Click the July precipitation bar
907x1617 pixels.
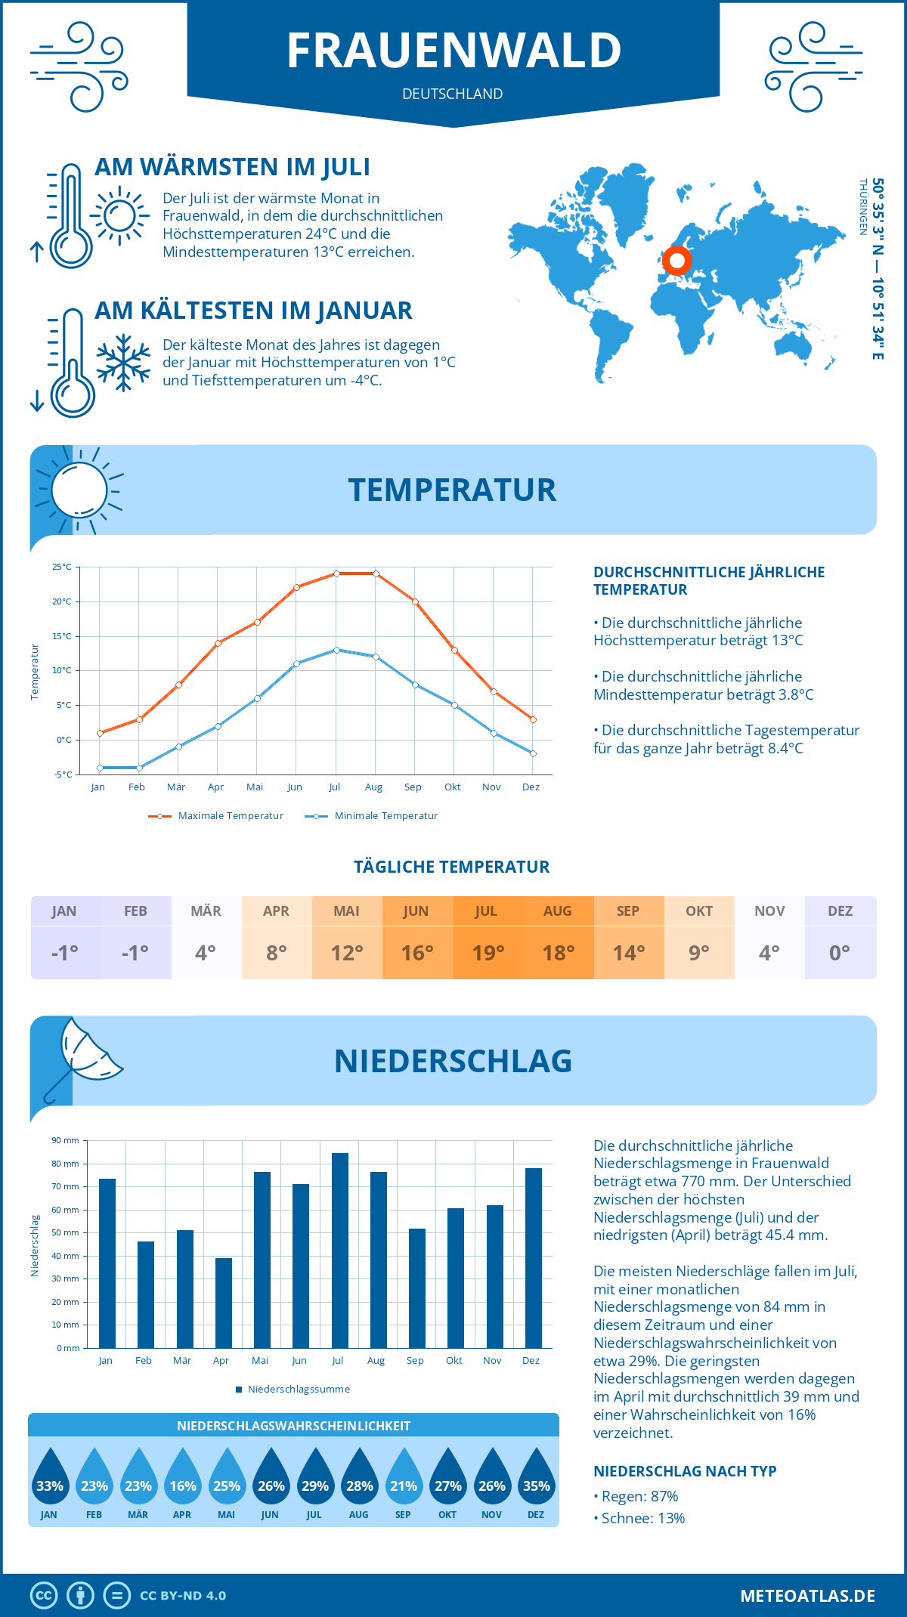339,1251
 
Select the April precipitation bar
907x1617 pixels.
224,1303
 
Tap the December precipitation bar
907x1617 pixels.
534,1258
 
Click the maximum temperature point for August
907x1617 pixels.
376,574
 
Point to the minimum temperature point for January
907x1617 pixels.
100,768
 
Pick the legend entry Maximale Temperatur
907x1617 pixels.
216,816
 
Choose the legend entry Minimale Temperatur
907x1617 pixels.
372,816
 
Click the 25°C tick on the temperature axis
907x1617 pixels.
62,567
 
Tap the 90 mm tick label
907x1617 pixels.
66,1140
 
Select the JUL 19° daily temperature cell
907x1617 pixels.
488,938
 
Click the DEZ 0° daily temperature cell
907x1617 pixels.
840,938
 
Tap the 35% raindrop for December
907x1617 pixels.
536,1479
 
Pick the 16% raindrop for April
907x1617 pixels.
182,1479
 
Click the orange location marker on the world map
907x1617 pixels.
677,261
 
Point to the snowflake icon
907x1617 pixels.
123,363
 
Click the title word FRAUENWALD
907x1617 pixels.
453,51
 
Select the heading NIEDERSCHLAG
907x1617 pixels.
453,1061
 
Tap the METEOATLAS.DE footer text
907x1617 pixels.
807,1596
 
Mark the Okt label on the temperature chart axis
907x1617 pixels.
452,787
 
